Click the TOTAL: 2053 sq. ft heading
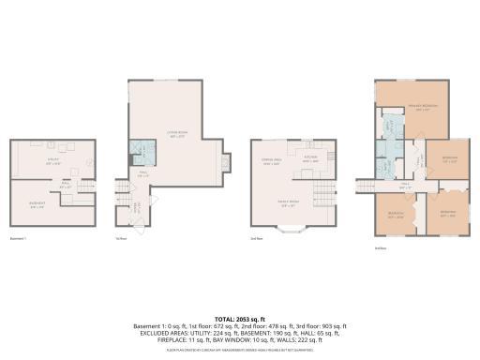(x=240, y=318)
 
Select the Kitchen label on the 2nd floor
(x=311, y=157)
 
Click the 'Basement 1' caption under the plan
(x=18, y=238)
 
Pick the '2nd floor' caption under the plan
(x=256, y=238)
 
